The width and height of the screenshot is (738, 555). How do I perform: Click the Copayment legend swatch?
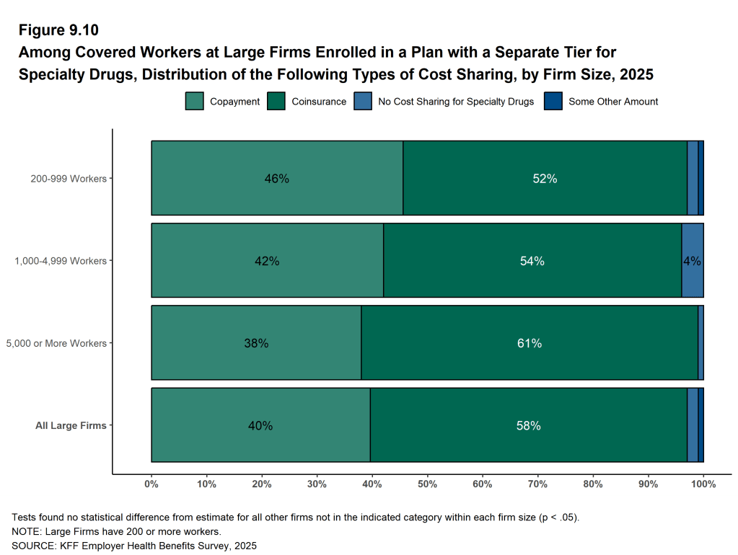[195, 102]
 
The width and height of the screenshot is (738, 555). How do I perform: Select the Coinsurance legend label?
[319, 102]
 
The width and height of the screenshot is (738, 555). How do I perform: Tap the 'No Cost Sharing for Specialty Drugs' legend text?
[456, 102]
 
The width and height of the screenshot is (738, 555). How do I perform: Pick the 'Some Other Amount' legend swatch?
[553, 102]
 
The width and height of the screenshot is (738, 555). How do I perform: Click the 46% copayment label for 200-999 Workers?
[276, 179]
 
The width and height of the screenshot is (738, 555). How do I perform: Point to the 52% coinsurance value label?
[545, 179]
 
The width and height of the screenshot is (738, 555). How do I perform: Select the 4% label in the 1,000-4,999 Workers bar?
[692, 261]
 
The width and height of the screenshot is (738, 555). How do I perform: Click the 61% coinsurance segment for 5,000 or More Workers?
[529, 343]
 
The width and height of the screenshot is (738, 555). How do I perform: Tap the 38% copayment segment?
[256, 343]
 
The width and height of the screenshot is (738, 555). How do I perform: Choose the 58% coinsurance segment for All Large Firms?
[528, 425]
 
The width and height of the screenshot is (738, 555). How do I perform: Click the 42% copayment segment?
[267, 261]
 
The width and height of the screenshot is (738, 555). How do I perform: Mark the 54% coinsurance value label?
[532, 261]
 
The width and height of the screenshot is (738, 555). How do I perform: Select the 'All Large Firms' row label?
[71, 425]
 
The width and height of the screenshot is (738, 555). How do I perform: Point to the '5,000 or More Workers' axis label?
[56, 343]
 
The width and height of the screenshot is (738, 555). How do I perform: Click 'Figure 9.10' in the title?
[58, 30]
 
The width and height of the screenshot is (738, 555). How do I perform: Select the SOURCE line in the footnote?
[134, 545]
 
